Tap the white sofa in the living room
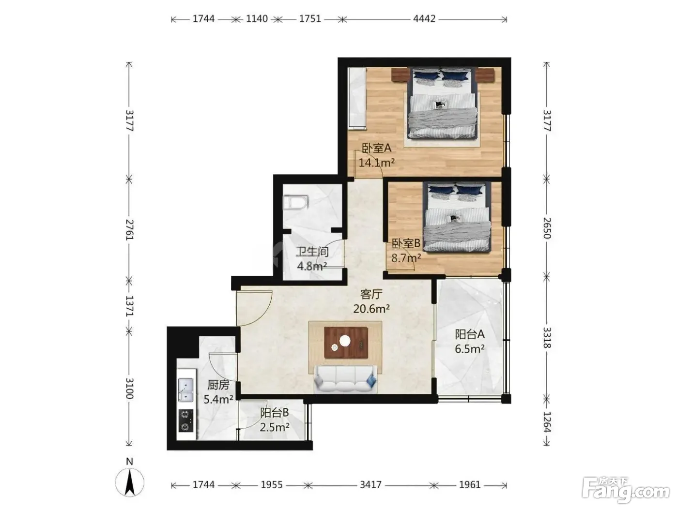point(345,379)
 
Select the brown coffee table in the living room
point(346,343)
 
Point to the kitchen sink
point(185,390)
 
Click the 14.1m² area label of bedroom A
point(376,162)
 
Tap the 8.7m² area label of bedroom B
point(406,257)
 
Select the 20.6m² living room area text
point(371,309)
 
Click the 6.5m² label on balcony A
point(469,349)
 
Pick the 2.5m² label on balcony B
point(274,427)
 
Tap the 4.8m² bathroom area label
point(312,266)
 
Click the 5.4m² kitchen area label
point(218,399)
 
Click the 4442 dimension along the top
point(424,19)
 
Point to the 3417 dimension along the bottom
point(370,485)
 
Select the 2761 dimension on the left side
point(129,230)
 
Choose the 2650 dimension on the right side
point(547,228)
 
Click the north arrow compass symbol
point(130,481)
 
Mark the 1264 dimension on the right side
point(547,422)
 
